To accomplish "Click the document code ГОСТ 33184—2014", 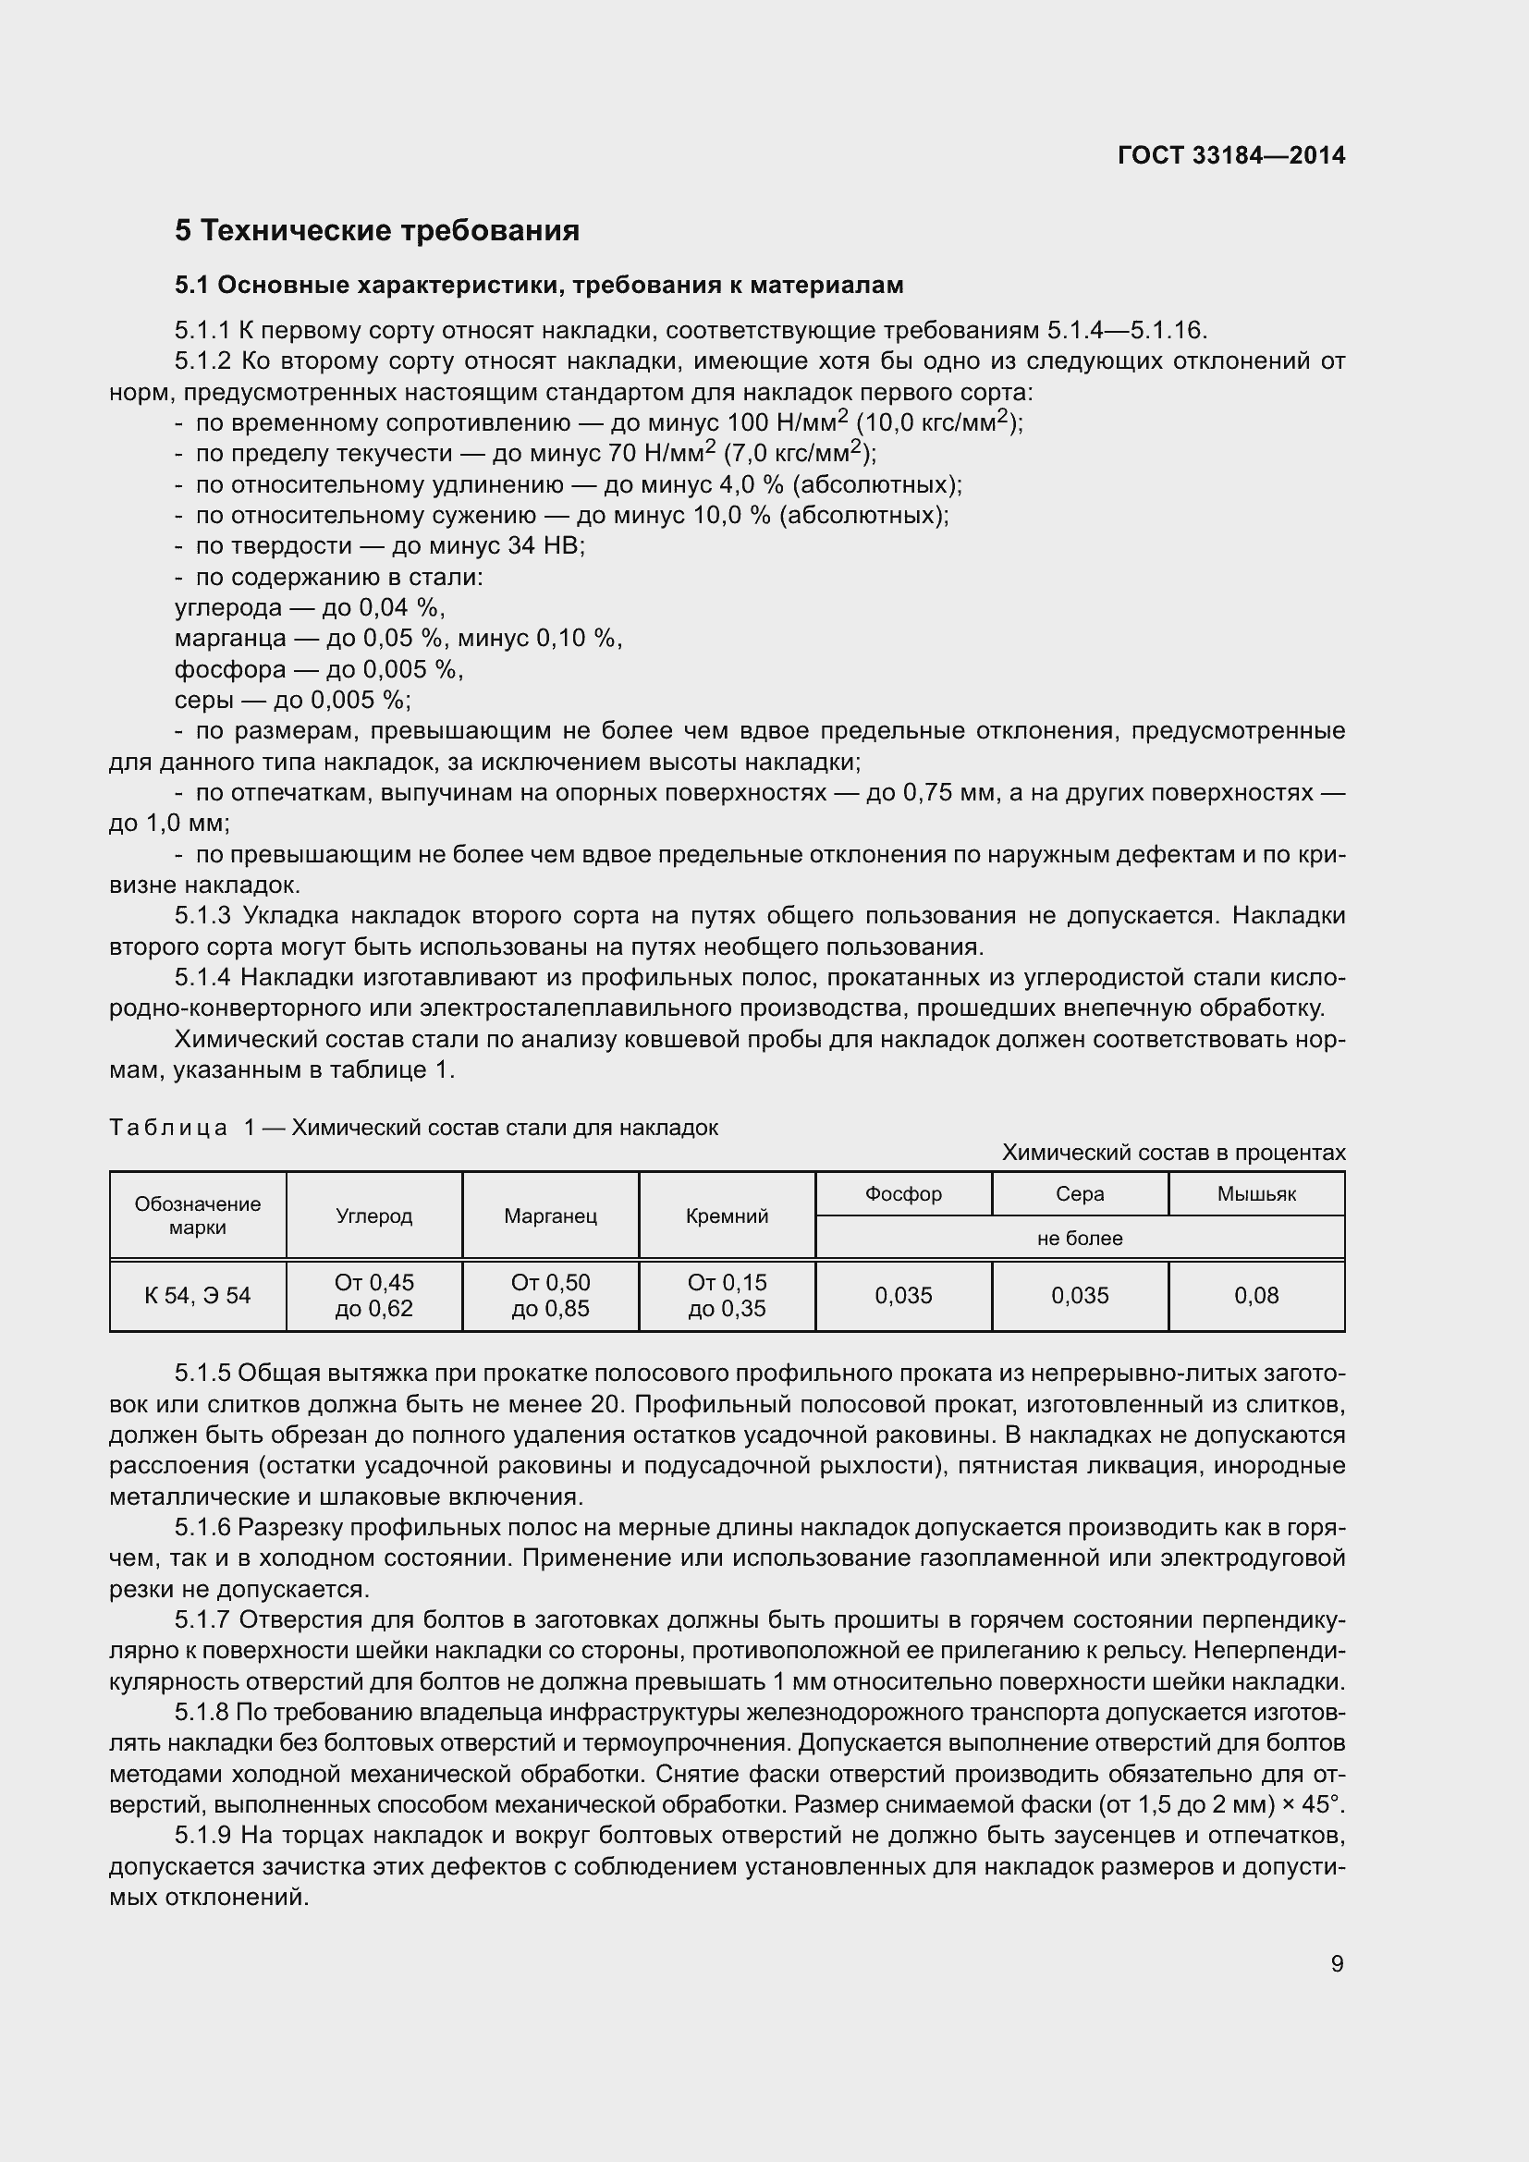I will click(1230, 155).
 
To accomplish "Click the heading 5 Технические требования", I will click(376, 231).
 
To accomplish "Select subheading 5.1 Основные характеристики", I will click(539, 285).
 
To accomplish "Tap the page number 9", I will click(1337, 1963).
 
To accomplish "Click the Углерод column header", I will click(373, 1215).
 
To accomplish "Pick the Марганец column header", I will click(550, 1215).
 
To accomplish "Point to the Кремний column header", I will click(726, 1215).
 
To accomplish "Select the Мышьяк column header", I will click(1256, 1194).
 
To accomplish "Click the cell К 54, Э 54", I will click(198, 1296).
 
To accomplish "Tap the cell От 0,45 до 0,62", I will click(373, 1296).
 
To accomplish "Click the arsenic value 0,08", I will click(1256, 1296).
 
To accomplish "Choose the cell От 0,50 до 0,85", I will click(550, 1296).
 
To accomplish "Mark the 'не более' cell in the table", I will click(1079, 1239).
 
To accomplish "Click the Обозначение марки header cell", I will click(198, 1215).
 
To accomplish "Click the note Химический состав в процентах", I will click(1173, 1153).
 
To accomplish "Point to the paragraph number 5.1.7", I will click(202, 1619).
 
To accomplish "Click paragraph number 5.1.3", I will click(202, 915).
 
